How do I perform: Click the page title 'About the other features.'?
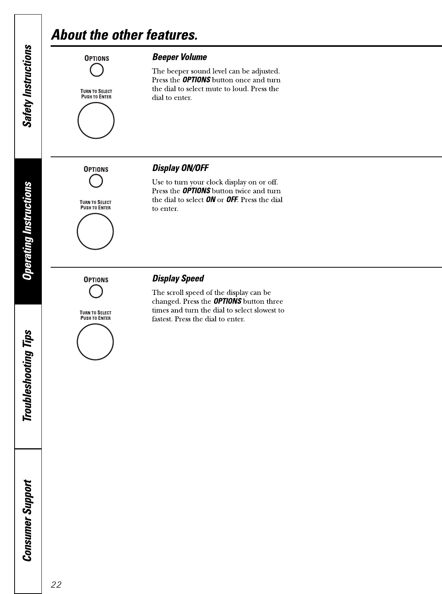(x=125, y=35)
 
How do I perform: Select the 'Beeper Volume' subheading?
(x=180, y=57)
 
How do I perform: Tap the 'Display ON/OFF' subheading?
(x=180, y=168)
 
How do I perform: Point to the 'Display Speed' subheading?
(x=178, y=278)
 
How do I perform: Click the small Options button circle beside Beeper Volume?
(x=96, y=70)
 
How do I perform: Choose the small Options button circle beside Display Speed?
(x=96, y=291)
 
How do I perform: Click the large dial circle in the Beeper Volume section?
(x=96, y=120)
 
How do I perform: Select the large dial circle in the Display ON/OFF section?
(x=95, y=231)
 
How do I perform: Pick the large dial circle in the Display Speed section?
(x=95, y=342)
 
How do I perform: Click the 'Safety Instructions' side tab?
(x=28, y=86)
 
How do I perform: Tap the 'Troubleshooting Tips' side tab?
(x=28, y=376)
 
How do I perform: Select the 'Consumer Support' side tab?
(x=28, y=520)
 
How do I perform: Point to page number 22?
(x=56, y=584)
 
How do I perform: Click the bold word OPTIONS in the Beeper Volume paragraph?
(x=196, y=80)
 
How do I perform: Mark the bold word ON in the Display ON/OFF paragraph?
(x=211, y=200)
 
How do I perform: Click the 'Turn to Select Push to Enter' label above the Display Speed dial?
(x=96, y=315)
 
